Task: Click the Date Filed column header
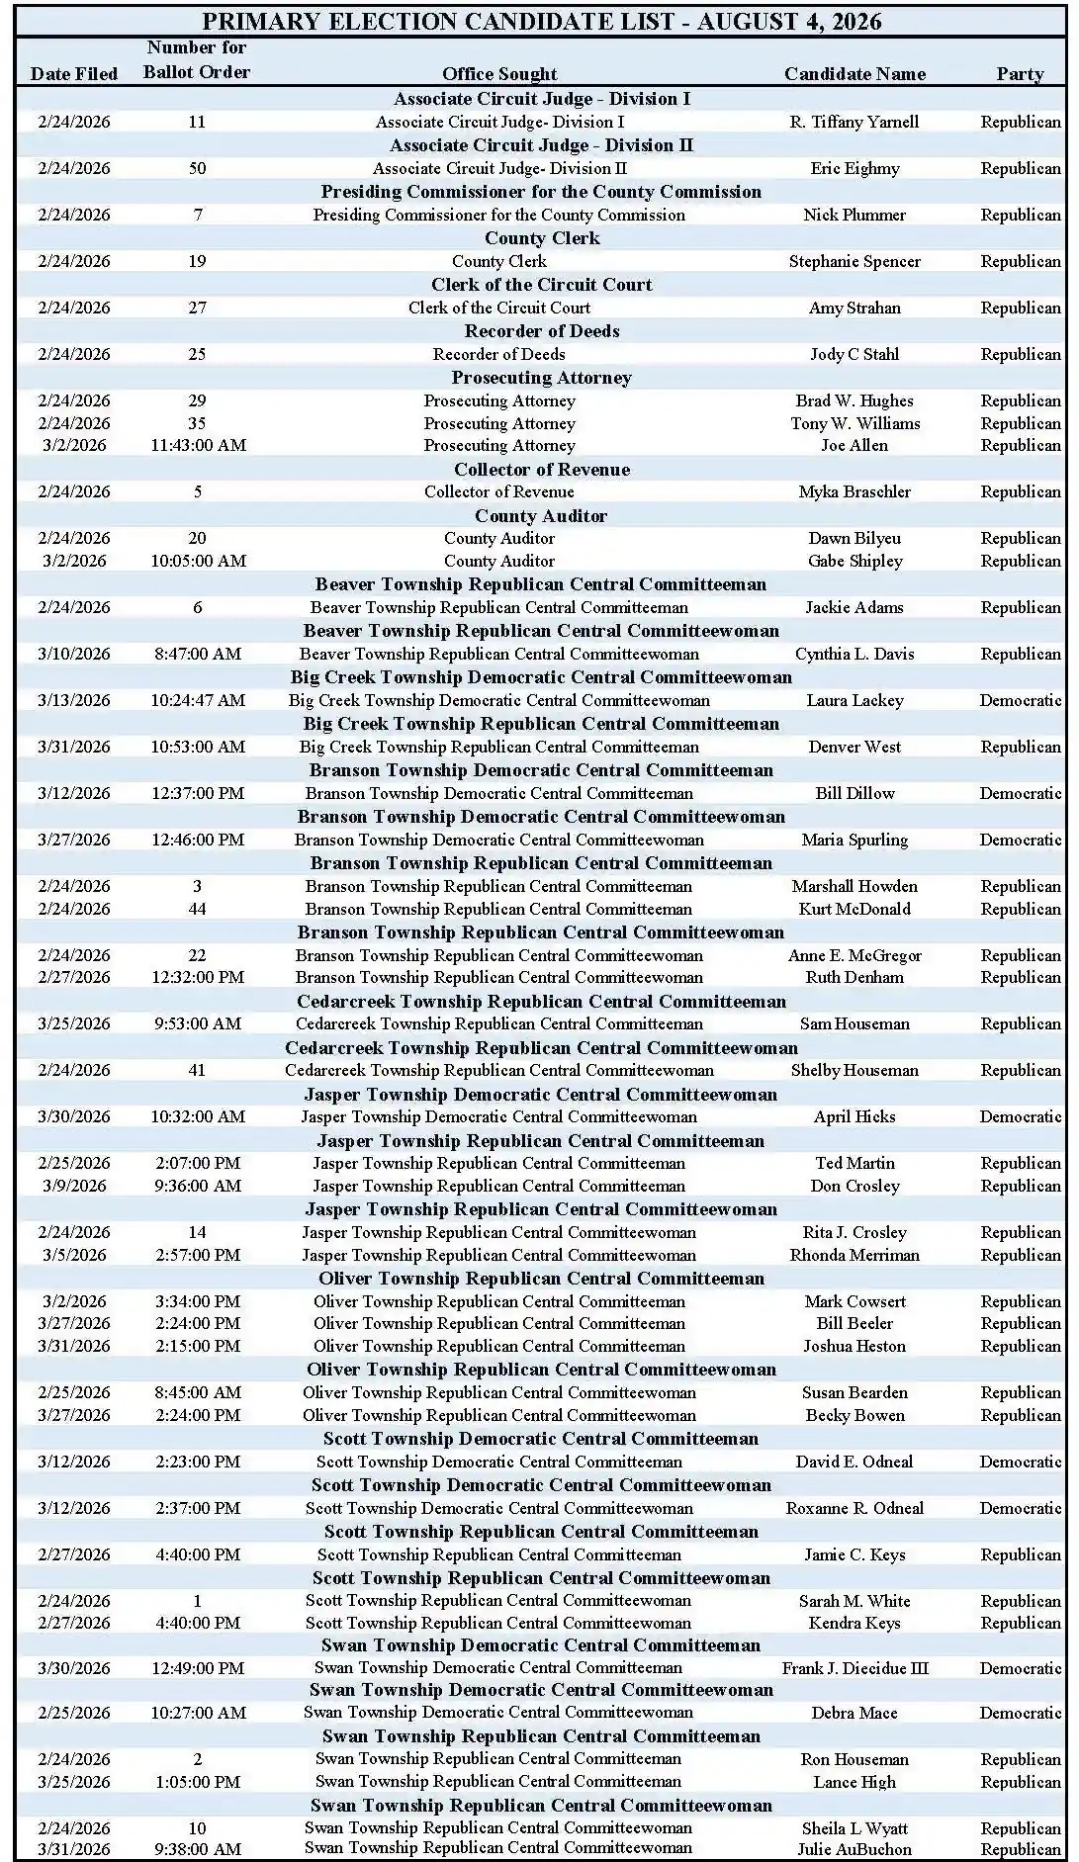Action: point(74,74)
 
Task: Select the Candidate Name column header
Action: point(854,74)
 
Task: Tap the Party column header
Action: point(1020,74)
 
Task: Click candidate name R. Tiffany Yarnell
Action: point(854,122)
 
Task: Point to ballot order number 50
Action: point(198,168)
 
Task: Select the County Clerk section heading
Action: point(542,238)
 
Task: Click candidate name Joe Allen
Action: point(854,445)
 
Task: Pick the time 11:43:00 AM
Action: point(198,445)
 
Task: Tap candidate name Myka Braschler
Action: point(854,491)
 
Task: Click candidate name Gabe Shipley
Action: point(854,561)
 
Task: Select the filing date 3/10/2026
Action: point(74,654)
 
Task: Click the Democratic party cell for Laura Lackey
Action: point(1020,700)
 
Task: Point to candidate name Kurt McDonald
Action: point(854,909)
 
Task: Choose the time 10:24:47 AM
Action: point(198,700)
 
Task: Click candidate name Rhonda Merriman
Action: point(854,1255)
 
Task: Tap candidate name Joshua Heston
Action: point(854,1346)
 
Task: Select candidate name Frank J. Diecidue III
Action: point(854,1668)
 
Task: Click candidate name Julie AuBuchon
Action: point(854,1849)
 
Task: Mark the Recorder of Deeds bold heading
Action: point(542,331)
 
